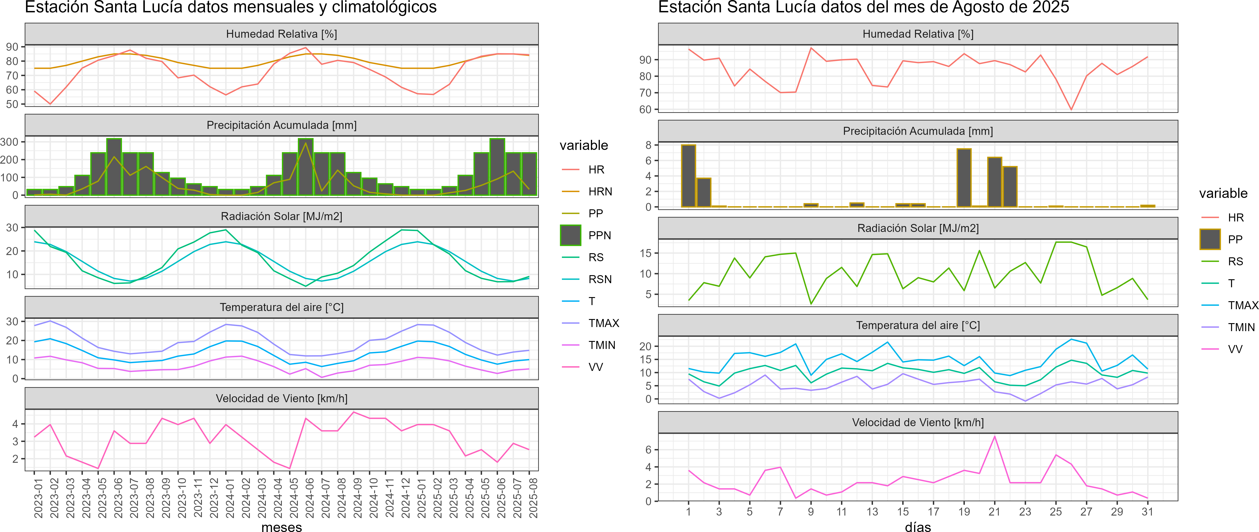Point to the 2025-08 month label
click(x=533, y=498)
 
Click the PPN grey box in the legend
click(x=570, y=235)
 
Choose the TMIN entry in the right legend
click(x=1241, y=327)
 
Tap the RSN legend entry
click(x=600, y=279)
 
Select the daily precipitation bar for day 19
click(x=964, y=178)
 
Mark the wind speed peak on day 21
click(x=995, y=437)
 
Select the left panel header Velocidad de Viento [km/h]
click(x=281, y=399)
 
